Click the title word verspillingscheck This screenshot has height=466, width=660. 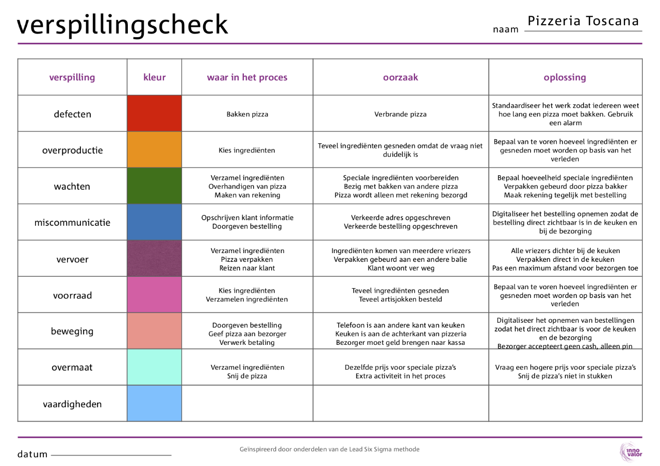(122, 24)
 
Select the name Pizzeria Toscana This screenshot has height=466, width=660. (583, 21)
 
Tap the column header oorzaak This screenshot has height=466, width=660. (401, 77)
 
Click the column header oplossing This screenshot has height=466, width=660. (565, 77)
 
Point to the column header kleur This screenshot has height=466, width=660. (154, 77)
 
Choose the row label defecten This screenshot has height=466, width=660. (72, 114)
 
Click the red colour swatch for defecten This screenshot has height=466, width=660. (154, 113)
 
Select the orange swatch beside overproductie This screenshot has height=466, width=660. (154, 150)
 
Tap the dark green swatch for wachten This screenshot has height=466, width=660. (154, 186)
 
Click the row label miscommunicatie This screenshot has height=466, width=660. (72, 223)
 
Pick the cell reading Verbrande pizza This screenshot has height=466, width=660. (401, 114)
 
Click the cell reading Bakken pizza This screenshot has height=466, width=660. (247, 114)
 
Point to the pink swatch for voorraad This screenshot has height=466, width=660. (154, 295)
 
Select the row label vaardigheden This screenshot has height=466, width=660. (72, 404)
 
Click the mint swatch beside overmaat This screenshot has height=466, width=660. (154, 367)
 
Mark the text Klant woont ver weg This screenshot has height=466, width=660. (401, 268)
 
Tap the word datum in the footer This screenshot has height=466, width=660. (32, 455)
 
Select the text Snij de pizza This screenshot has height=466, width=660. (247, 376)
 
